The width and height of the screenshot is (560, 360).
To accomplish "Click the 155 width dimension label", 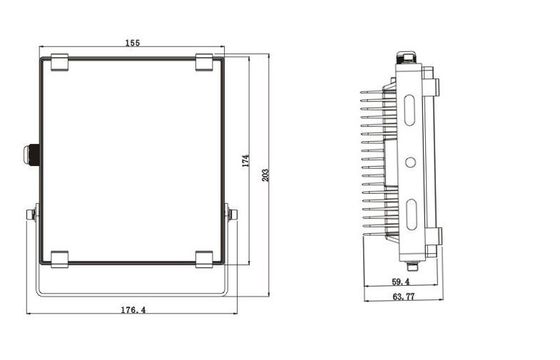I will (x=133, y=42).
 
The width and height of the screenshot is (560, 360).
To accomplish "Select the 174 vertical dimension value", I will (x=246, y=161).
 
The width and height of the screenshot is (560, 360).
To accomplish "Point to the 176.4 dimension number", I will (x=131, y=311).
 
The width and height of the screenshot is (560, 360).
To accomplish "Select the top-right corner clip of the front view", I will (x=205, y=62).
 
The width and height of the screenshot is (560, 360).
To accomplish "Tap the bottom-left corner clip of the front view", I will (x=58, y=259).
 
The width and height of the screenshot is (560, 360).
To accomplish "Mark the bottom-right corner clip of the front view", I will (x=205, y=259).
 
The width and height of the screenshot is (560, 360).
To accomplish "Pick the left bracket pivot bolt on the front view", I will (x=34, y=213).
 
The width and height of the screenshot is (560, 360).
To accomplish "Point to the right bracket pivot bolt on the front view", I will (x=232, y=213).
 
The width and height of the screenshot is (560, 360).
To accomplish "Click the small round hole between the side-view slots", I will (x=410, y=160).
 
